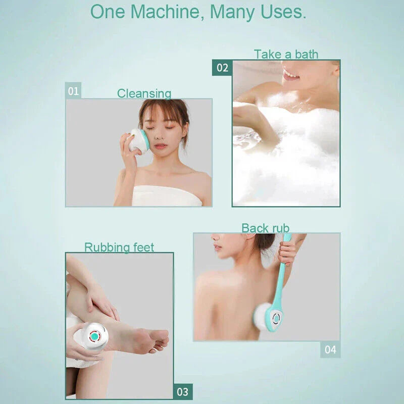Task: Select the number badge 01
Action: pos(74,91)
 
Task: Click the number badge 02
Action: pos(222,68)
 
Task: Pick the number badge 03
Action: pos(182,392)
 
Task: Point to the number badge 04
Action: pos(330,349)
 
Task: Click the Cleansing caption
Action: pos(144,93)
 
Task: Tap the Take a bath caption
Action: pos(286,54)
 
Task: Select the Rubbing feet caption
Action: pos(119,247)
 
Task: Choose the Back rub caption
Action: pos(265,228)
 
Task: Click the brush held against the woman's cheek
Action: pos(138,140)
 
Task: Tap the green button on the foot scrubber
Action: pos(94,336)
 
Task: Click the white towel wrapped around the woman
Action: pos(167,196)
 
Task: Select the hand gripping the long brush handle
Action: pos(287,251)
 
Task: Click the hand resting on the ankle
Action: pos(101,300)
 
